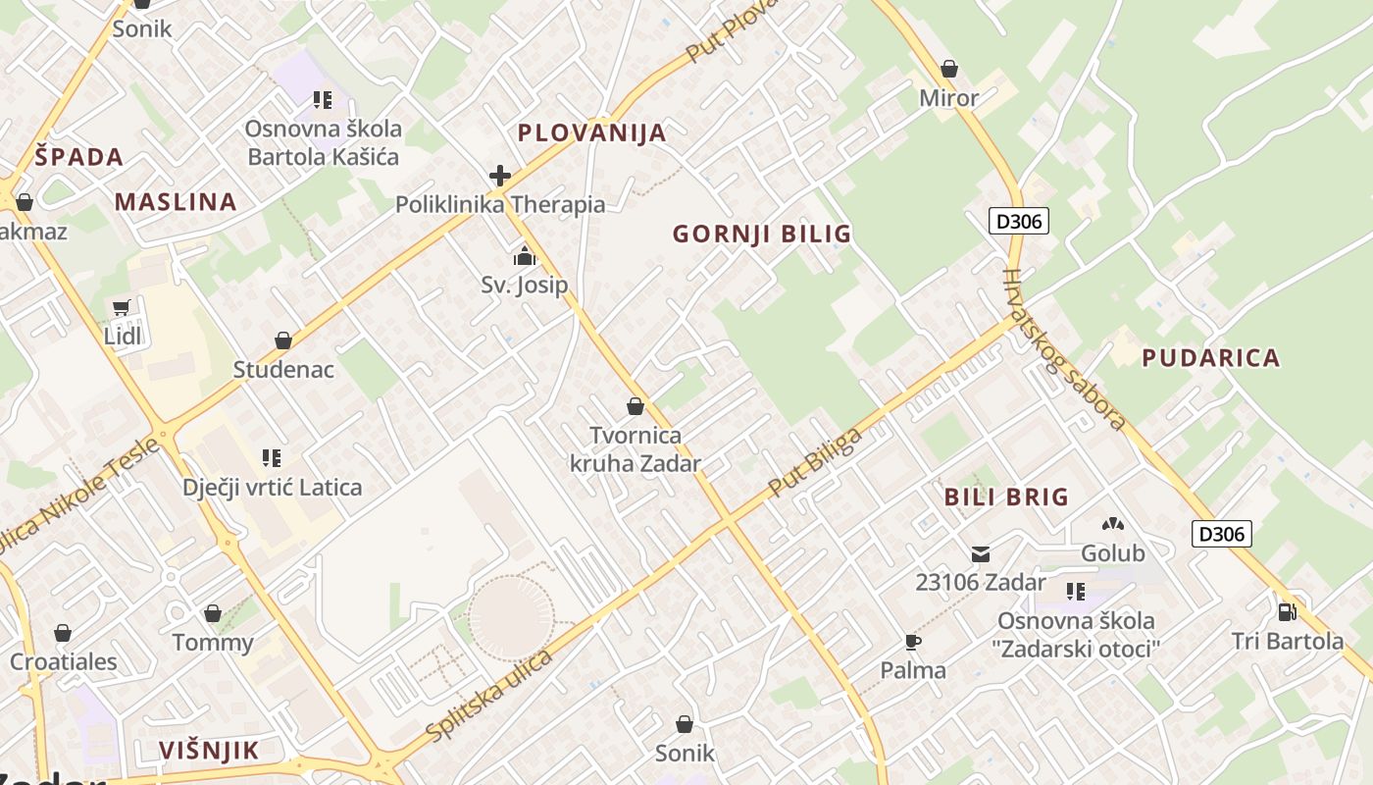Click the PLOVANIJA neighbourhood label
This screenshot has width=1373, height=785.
[591, 132]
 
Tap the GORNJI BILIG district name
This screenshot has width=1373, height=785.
[762, 234]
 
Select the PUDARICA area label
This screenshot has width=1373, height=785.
[1211, 358]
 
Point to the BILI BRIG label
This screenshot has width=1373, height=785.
[1006, 497]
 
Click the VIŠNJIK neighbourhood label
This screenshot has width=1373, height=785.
[209, 751]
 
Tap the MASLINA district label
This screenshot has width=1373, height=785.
[176, 202]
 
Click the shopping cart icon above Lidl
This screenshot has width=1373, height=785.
[122, 308]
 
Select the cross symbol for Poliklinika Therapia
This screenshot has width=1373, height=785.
[500, 177]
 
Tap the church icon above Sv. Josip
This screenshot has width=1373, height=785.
[525, 257]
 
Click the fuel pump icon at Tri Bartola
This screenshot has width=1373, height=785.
[1287, 612]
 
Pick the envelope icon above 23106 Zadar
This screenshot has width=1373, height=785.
[980, 554]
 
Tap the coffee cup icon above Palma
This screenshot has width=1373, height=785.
[912, 643]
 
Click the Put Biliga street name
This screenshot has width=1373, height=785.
[816, 462]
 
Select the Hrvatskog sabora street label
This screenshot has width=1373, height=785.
[1063, 350]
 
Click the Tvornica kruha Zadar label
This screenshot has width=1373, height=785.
[636, 448]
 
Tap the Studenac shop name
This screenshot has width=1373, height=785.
[283, 370]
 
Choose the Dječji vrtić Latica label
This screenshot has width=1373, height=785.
[272, 487]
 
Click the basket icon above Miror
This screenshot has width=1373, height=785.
[948, 70]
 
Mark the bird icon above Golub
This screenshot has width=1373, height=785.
[1112, 525]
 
